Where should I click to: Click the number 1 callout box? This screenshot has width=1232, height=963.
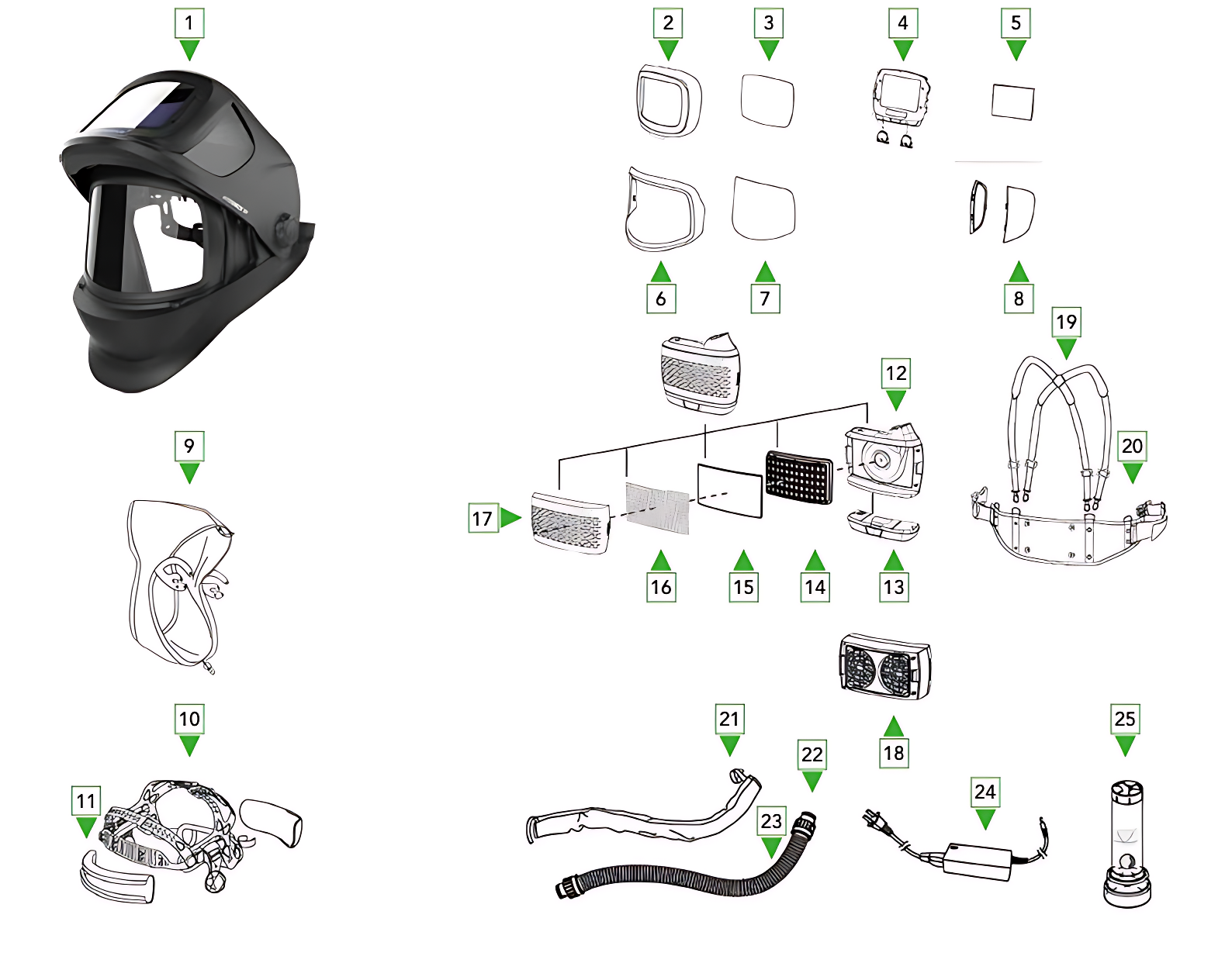pyautogui.click(x=189, y=23)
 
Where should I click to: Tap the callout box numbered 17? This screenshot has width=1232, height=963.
pyautogui.click(x=482, y=518)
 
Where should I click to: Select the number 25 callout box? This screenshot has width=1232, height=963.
pyautogui.click(x=1125, y=719)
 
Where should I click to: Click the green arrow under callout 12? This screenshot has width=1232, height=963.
pyautogui.click(x=896, y=400)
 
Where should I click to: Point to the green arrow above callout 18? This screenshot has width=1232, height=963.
pyautogui.click(x=894, y=726)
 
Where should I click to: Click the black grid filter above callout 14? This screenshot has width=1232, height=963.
pyautogui.click(x=798, y=477)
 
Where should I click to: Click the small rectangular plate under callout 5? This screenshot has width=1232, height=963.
pyautogui.click(x=1013, y=102)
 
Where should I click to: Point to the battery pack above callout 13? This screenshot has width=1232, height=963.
pyautogui.click(x=884, y=525)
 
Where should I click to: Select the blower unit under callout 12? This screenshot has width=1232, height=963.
pyautogui.click(x=884, y=461)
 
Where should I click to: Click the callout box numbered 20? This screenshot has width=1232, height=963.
pyautogui.click(x=1132, y=446)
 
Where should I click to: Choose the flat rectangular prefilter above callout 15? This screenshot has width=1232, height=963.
pyautogui.click(x=730, y=491)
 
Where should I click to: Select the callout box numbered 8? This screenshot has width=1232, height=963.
pyautogui.click(x=1019, y=299)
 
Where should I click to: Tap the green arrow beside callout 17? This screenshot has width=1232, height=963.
pyautogui.click(x=510, y=517)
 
